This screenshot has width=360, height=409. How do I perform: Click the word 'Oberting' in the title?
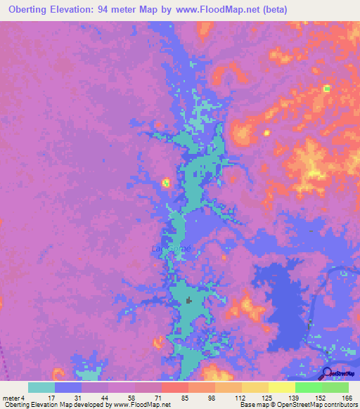[32, 9]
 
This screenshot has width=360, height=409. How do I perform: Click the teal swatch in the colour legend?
[41, 387]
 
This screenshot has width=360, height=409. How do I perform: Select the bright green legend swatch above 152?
[309, 387]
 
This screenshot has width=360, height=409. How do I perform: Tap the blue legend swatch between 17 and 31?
[68, 387]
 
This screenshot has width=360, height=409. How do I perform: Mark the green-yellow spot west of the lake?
[166, 183]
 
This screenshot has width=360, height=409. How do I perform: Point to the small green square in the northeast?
[326, 89]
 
